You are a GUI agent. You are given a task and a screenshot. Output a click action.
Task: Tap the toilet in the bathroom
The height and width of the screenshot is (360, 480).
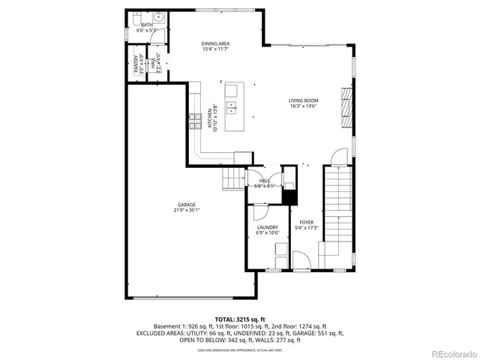pos(136,16)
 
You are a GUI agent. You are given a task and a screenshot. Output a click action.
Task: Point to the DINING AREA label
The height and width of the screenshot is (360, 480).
pos(215,43)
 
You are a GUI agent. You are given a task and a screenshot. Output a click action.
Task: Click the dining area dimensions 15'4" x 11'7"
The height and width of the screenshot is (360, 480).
pos(215,49)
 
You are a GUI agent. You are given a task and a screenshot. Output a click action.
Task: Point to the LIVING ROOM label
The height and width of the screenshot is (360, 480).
pos(303,100)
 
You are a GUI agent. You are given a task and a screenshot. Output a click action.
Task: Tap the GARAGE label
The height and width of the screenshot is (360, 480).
pos(187,205)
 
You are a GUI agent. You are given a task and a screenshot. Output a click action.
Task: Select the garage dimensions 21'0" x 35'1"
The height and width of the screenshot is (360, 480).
pos(187,211)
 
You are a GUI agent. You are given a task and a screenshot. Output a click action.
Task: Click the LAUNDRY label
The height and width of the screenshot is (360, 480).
pos(268,227)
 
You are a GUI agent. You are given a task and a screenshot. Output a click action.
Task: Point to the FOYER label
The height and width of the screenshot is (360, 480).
pos(306,222)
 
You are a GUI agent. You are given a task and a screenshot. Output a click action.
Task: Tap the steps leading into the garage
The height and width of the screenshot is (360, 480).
pos(232,178)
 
